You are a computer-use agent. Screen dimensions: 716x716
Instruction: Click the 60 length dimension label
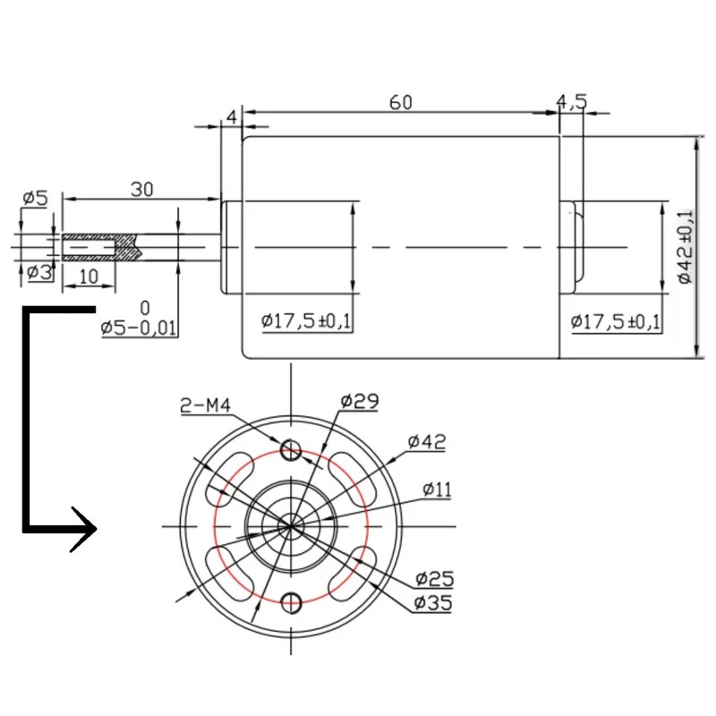pyautogui.click(x=400, y=103)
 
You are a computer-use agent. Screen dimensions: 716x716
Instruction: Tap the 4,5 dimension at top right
pyautogui.click(x=571, y=101)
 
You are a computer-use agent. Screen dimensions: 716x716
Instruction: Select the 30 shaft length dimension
pyautogui.click(x=142, y=190)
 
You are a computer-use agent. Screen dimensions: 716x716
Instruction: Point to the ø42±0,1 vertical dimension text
pyautogui.click(x=685, y=247)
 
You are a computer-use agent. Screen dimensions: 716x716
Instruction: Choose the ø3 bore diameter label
pyautogui.click(x=38, y=273)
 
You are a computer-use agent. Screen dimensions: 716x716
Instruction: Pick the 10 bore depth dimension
pyautogui.click(x=89, y=277)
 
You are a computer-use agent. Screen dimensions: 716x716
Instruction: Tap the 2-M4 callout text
pyautogui.click(x=206, y=405)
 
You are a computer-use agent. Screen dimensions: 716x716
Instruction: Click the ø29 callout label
pyautogui.click(x=360, y=401)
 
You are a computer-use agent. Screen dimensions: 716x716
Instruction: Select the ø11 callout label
pyautogui.click(x=437, y=490)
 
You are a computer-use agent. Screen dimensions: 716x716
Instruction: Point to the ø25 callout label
pyautogui.click(x=435, y=579)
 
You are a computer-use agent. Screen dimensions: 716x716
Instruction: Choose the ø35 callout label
pyautogui.click(x=433, y=602)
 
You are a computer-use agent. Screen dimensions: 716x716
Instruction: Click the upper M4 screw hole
pyautogui.click(x=291, y=449)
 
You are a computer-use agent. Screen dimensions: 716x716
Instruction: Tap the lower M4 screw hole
pyautogui.click(x=291, y=602)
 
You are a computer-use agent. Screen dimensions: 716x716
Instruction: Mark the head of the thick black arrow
pyautogui.click(x=84, y=529)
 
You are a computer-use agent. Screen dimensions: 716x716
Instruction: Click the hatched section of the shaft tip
pyautogui.click(x=99, y=248)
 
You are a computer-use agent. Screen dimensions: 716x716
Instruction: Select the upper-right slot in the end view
pyautogui.click(x=354, y=476)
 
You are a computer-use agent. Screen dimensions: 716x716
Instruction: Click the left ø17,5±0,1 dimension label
pyautogui.click(x=306, y=321)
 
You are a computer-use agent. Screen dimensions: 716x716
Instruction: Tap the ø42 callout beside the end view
pyautogui.click(x=427, y=441)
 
